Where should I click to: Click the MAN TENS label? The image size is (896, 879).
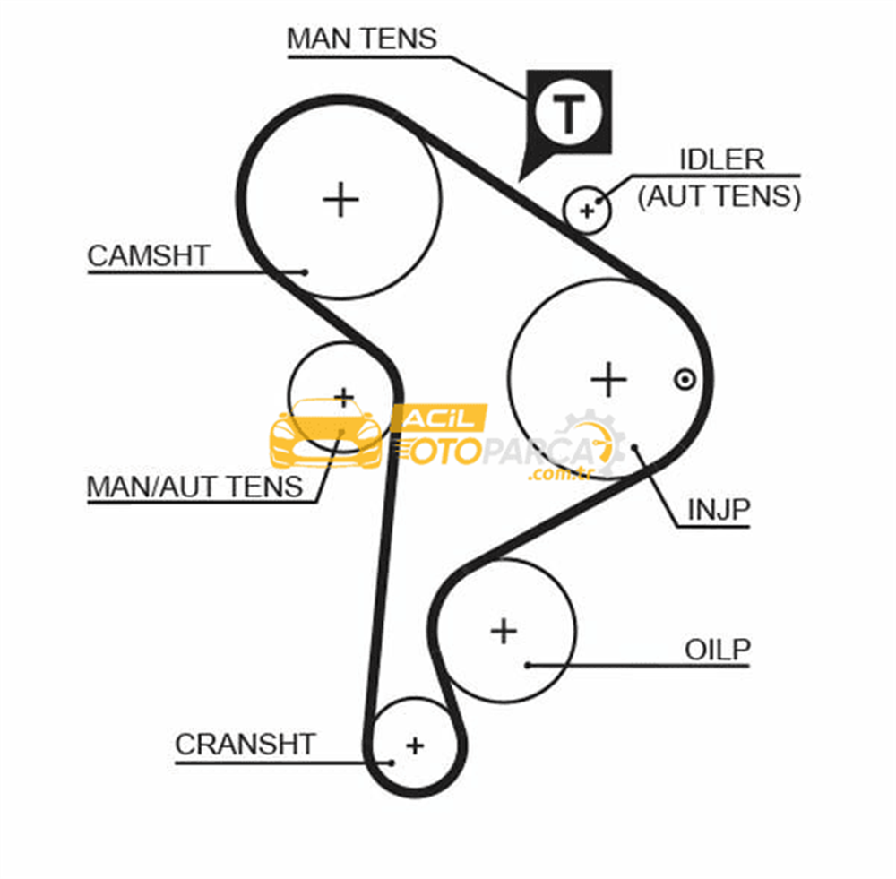[361, 39]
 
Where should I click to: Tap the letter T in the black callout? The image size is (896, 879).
[569, 114]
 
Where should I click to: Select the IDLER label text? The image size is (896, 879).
[721, 159]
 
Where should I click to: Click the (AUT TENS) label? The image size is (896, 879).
[719, 196]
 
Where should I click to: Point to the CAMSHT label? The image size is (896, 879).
[149, 255]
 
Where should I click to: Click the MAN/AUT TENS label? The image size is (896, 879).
[194, 487]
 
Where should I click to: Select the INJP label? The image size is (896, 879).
[719, 510]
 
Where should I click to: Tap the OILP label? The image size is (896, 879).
[717, 650]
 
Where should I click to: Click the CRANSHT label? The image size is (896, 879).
[246, 744]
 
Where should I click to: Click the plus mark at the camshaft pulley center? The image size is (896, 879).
[340, 200]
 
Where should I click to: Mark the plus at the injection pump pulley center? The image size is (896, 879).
[608, 379]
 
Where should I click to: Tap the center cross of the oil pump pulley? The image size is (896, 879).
[504, 631]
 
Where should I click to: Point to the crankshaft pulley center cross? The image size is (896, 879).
[416, 745]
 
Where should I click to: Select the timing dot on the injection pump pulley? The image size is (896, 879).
[685, 379]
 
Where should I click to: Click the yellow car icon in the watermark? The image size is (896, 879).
[326, 433]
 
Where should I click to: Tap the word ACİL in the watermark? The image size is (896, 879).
[439, 419]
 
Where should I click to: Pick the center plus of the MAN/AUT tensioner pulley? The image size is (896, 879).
[344, 397]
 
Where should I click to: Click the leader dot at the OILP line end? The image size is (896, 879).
[528, 665]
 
